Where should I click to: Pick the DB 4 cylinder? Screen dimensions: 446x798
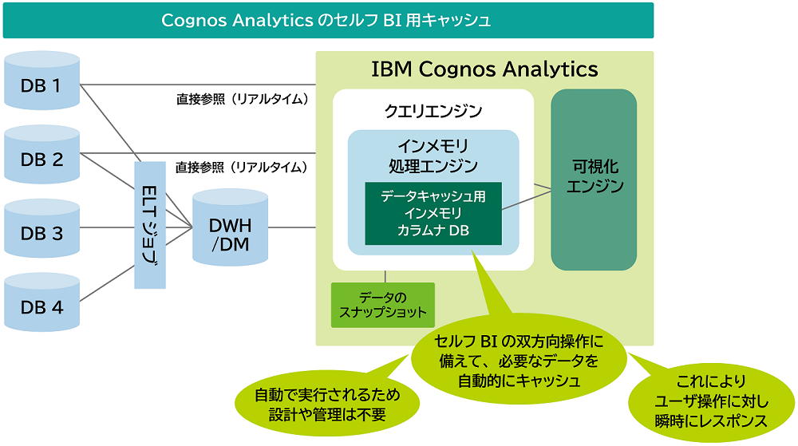[41, 306]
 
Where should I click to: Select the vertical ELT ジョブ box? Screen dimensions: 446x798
[150, 224]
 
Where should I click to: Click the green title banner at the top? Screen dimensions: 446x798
[328, 21]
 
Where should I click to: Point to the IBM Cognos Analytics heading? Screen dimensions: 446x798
[484, 69]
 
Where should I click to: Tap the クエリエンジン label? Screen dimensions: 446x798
[433, 111]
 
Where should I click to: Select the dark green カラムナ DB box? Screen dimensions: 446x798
[433, 213]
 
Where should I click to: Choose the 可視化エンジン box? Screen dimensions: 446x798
[594, 179]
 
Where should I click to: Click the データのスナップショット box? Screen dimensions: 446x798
[383, 305]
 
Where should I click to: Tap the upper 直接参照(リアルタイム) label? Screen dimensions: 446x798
[242, 100]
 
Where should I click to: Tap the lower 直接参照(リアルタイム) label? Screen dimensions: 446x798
[242, 168]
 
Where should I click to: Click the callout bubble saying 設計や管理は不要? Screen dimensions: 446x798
[328, 405]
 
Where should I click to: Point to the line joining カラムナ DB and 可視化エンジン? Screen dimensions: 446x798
[527, 199]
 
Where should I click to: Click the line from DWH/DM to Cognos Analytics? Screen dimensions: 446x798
[291, 227]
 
